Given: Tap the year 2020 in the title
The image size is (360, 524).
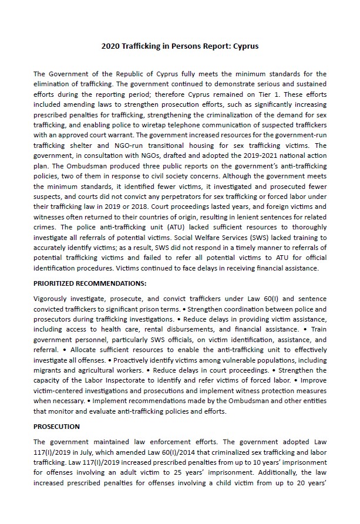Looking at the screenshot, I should [112, 45].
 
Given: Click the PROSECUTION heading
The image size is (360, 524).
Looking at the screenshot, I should [56, 426].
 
